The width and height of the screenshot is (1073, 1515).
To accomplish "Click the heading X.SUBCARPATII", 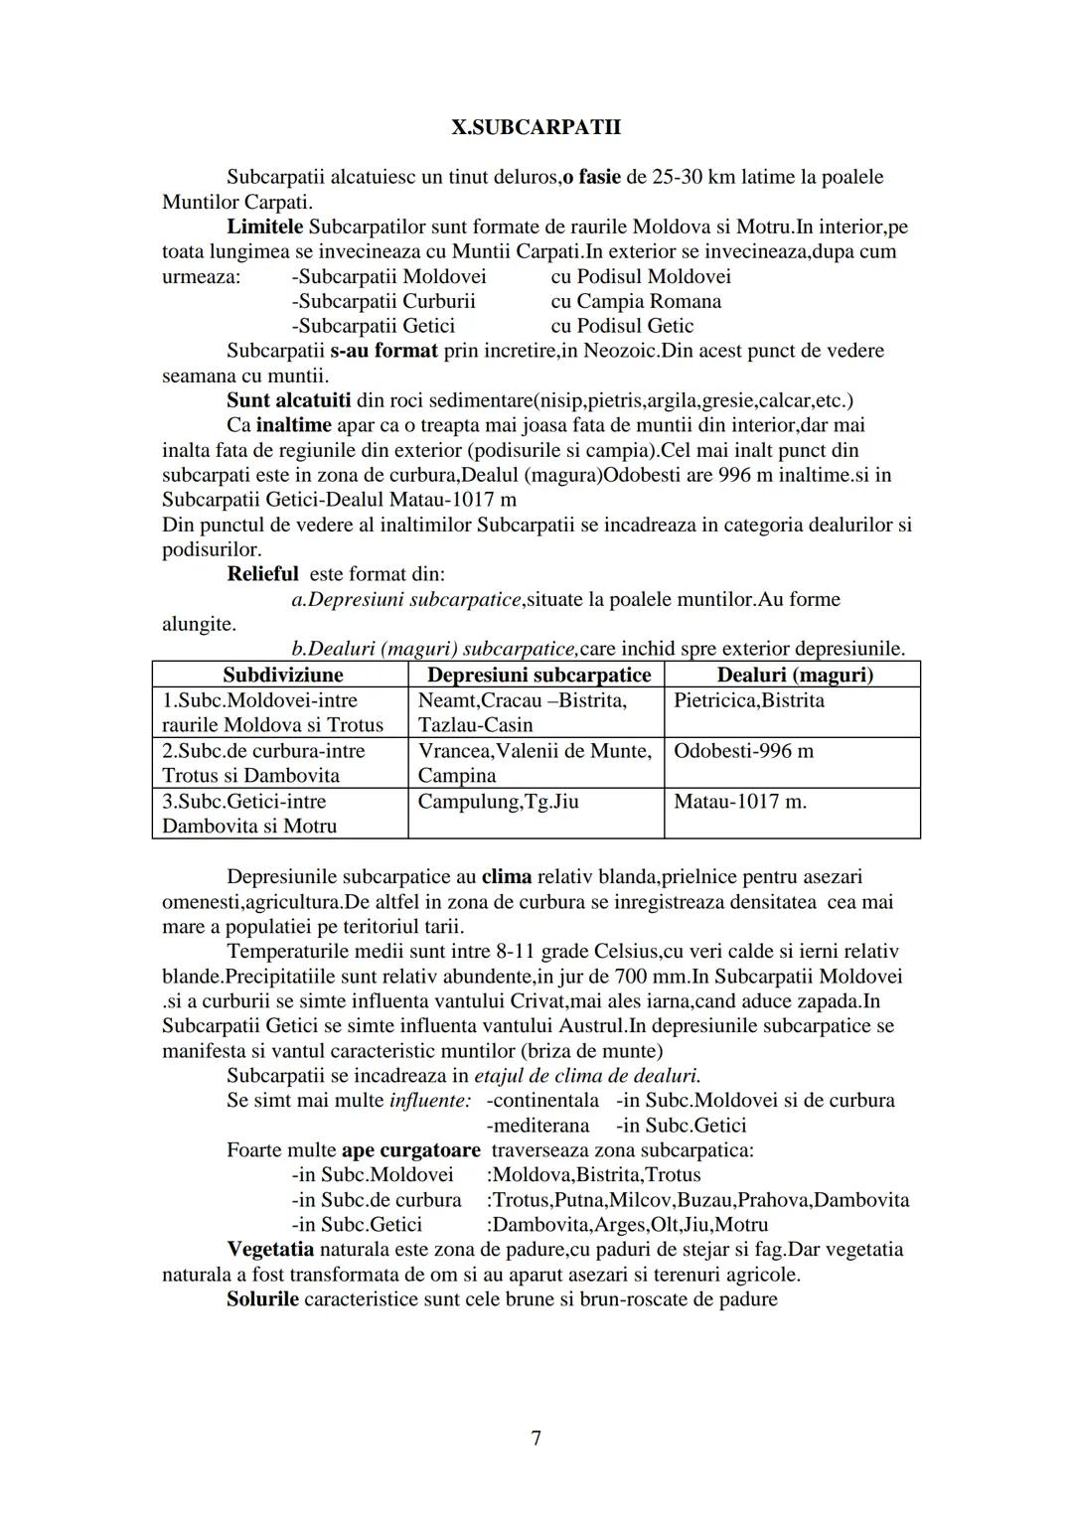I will [x=536, y=128].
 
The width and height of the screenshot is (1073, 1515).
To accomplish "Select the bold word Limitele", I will [x=265, y=227].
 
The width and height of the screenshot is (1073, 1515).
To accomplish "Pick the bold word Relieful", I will [x=262, y=574].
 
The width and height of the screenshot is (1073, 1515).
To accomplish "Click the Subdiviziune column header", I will [x=282, y=676].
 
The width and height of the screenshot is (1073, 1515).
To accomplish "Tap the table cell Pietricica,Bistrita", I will [x=748, y=700].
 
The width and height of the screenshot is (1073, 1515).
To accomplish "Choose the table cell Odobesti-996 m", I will [x=743, y=751].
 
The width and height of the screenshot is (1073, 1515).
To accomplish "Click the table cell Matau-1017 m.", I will [x=740, y=802].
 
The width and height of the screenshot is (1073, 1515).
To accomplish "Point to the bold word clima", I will [x=507, y=877].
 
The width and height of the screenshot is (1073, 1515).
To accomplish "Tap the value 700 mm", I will [x=650, y=977].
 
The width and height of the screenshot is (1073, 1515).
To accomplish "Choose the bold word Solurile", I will [x=262, y=1299].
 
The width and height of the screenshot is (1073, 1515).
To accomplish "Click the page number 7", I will [x=536, y=1439].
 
